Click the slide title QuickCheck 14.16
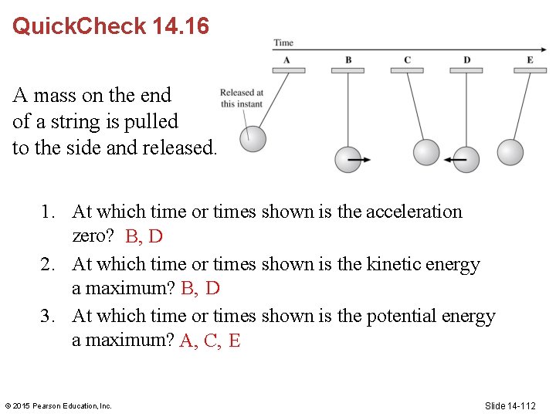[x=110, y=26]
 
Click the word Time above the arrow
[x=283, y=42]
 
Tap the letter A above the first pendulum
[x=286, y=60]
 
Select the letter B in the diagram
[x=348, y=60]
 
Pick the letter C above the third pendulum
[x=407, y=60]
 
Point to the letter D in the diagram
[x=466, y=60]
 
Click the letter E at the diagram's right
[x=530, y=60]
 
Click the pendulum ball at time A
[x=253, y=139]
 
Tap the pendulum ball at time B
[x=347, y=160]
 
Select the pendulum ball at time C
[x=425, y=152]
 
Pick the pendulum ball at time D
[x=466, y=160]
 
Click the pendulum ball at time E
[x=510, y=152]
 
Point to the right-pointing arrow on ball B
[x=359, y=161]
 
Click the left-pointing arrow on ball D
[x=456, y=161]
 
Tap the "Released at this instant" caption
[x=242, y=98]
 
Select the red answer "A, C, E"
[x=210, y=341]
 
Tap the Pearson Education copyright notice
[x=59, y=405]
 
